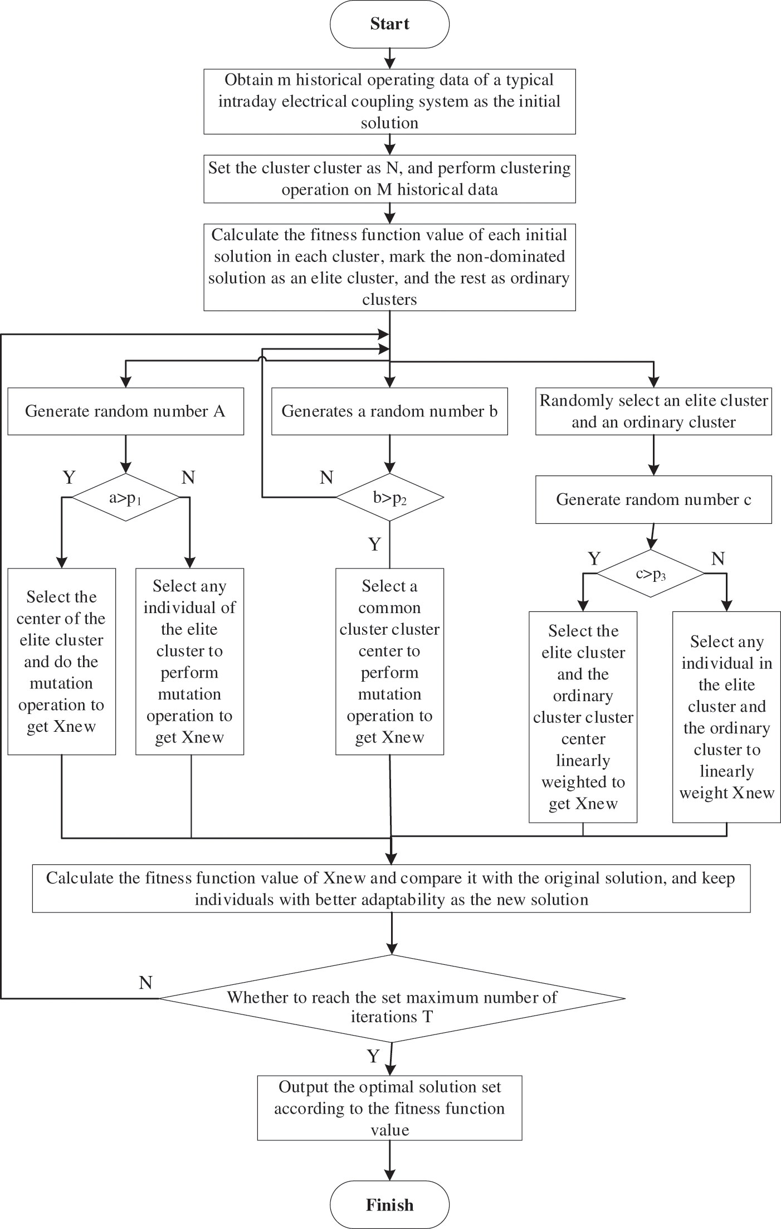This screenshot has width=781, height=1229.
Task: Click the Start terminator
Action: [x=389, y=24]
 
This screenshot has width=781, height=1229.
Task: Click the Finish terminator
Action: [x=389, y=1204]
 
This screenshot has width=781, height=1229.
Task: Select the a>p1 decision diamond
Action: [x=126, y=497]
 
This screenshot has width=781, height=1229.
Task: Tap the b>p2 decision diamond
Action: [x=389, y=497]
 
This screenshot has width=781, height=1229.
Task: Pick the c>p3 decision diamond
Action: [x=651, y=574]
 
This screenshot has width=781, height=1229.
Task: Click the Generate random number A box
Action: [x=125, y=411]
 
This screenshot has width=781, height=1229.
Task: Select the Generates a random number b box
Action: [x=389, y=411]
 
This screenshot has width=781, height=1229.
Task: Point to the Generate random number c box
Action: [x=653, y=499]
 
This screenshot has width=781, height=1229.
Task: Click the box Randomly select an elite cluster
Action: [x=653, y=411]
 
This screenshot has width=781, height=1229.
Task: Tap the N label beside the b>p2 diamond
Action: [x=326, y=477]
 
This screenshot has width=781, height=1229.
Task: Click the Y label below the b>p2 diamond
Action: [x=375, y=544]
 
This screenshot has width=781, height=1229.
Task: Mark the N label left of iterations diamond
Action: [x=145, y=983]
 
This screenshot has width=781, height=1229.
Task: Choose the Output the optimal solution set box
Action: [x=389, y=1108]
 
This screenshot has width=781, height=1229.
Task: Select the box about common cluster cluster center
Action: [x=389, y=662]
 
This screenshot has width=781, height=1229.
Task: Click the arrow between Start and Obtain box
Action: [x=389, y=58]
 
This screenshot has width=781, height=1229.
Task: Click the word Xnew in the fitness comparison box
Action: [x=344, y=878]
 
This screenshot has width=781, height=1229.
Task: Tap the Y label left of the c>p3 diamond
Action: [x=594, y=558]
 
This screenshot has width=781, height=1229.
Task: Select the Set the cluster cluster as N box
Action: [x=389, y=179]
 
